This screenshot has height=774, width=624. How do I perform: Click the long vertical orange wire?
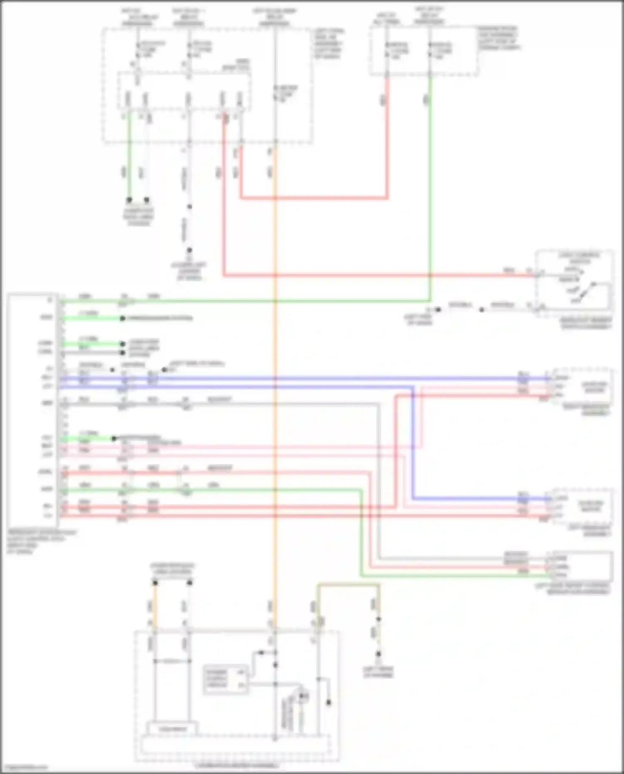(x=275, y=374)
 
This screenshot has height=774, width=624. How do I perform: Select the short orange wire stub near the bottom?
(x=155, y=603)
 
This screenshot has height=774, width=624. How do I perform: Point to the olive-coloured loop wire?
(x=348, y=585)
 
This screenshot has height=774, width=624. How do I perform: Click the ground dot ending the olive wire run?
(x=378, y=654)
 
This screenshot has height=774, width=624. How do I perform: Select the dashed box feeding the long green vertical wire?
(x=423, y=51)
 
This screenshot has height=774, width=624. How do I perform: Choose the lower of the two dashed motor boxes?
(x=582, y=507)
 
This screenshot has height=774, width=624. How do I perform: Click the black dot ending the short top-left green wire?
(x=129, y=200)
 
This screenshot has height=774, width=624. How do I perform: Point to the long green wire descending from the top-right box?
(x=430, y=187)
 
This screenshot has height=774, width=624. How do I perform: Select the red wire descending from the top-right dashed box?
(x=387, y=137)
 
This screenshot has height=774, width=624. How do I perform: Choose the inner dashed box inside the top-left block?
(x=184, y=91)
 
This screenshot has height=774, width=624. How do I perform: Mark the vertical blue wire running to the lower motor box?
(x=413, y=443)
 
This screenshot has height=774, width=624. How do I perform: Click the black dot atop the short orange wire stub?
(x=155, y=583)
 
